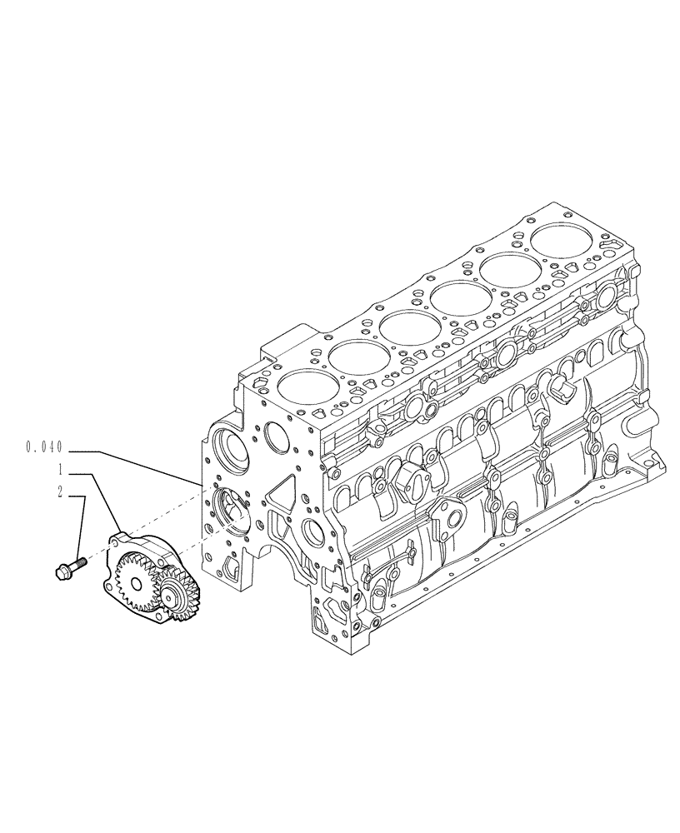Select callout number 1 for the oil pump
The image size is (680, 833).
[60, 469]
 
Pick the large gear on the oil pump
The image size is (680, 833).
[135, 574]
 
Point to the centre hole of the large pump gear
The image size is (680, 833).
[133, 575]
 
